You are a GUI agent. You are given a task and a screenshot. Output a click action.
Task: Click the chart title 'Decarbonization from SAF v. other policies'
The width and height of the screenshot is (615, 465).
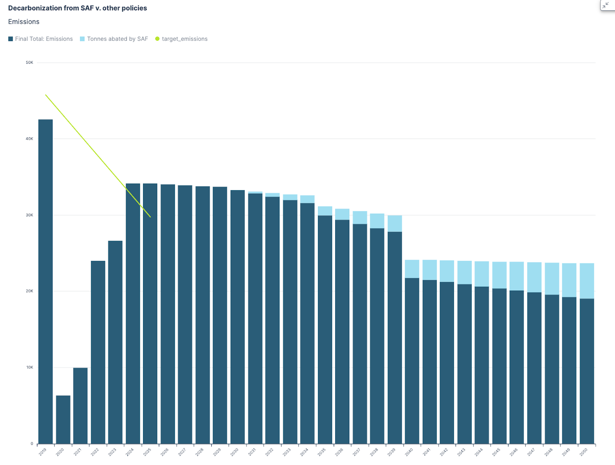coord(77,8)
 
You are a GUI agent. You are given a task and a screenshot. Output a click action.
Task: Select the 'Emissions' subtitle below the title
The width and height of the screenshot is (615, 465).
coord(24,22)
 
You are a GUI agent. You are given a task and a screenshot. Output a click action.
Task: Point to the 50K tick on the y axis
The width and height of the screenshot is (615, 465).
coord(30,63)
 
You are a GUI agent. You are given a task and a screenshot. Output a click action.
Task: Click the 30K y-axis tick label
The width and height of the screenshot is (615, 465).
coord(30,215)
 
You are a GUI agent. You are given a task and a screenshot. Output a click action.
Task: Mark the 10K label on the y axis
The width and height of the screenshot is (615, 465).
coord(30,367)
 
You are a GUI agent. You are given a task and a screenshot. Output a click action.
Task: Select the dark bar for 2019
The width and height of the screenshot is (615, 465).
coord(45,281)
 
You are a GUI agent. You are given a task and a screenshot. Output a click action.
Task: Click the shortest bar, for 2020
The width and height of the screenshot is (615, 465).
coord(63,419)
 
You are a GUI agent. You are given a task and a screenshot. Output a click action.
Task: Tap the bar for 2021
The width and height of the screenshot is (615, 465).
coord(80,405)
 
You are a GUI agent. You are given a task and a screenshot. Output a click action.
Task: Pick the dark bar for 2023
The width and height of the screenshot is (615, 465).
coord(115,342)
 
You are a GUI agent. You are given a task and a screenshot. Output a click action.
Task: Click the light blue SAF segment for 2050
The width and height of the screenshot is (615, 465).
coord(587,281)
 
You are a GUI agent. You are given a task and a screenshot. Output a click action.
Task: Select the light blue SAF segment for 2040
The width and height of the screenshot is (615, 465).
coord(412,269)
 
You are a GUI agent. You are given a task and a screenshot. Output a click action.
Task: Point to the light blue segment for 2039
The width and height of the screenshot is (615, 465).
coord(395,224)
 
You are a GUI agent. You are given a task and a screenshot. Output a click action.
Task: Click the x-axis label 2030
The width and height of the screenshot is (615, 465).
coord(234,452)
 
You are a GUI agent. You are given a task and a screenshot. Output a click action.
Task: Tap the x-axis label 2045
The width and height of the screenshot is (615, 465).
coord(496,452)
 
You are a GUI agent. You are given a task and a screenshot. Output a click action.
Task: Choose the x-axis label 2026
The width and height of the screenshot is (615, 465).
coord(165,452)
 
